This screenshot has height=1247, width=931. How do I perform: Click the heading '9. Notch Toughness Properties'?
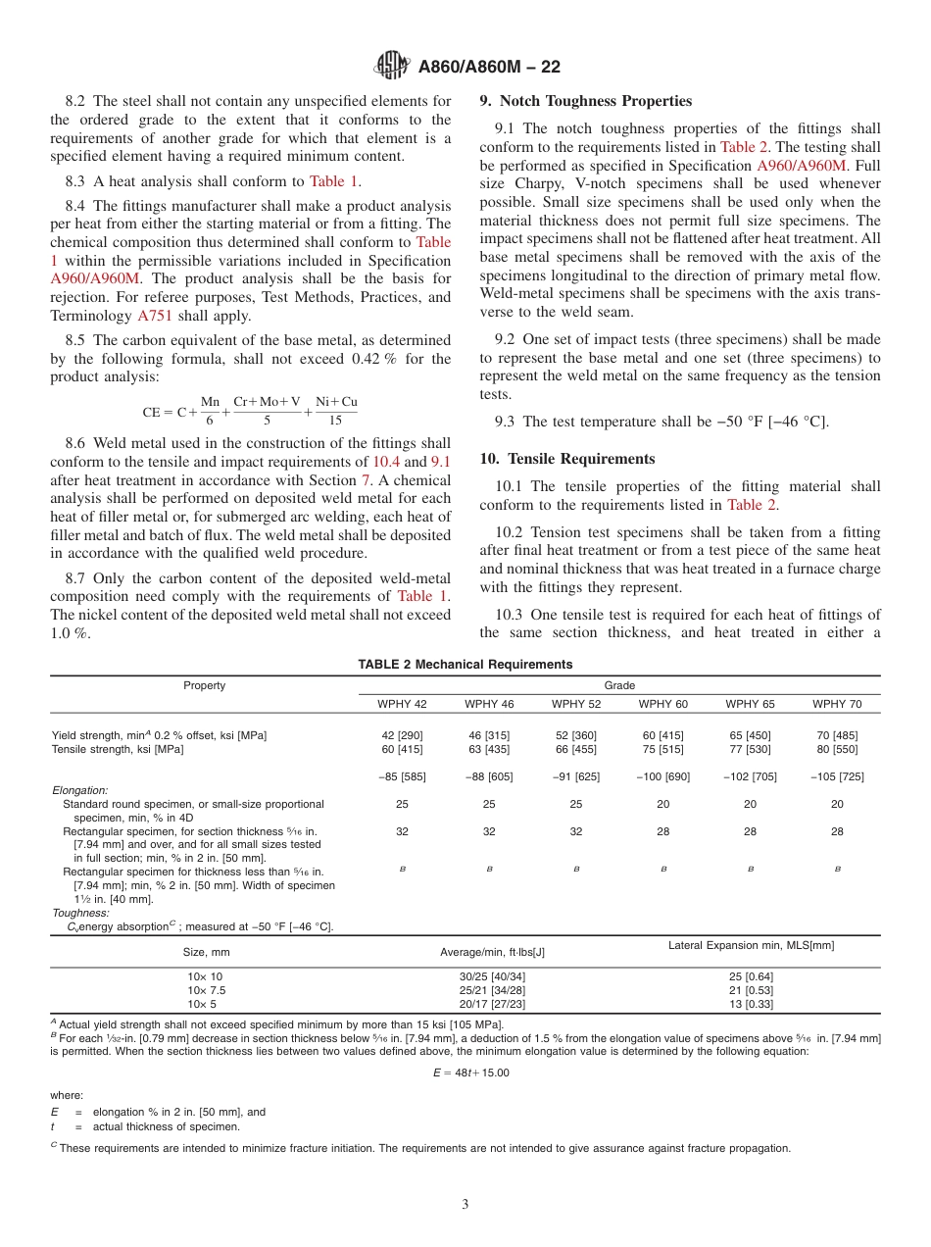click(585, 101)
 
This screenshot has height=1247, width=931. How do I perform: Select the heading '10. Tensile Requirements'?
click(566, 459)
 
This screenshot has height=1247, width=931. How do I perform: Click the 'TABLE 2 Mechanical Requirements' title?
click(465, 665)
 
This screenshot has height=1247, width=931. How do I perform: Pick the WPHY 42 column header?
click(402, 704)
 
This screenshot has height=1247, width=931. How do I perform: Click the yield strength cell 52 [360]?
click(575, 735)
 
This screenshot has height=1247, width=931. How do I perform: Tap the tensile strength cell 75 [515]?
click(662, 749)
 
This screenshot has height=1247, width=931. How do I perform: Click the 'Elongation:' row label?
click(79, 790)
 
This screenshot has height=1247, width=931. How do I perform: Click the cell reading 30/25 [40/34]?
click(492, 976)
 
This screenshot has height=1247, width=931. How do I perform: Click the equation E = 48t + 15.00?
click(470, 1072)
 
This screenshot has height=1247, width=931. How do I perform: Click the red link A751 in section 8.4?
click(154, 316)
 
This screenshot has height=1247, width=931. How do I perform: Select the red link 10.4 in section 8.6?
click(385, 461)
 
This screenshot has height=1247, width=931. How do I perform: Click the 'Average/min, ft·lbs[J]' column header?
click(492, 952)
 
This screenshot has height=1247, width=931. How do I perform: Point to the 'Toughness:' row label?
click(80, 913)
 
